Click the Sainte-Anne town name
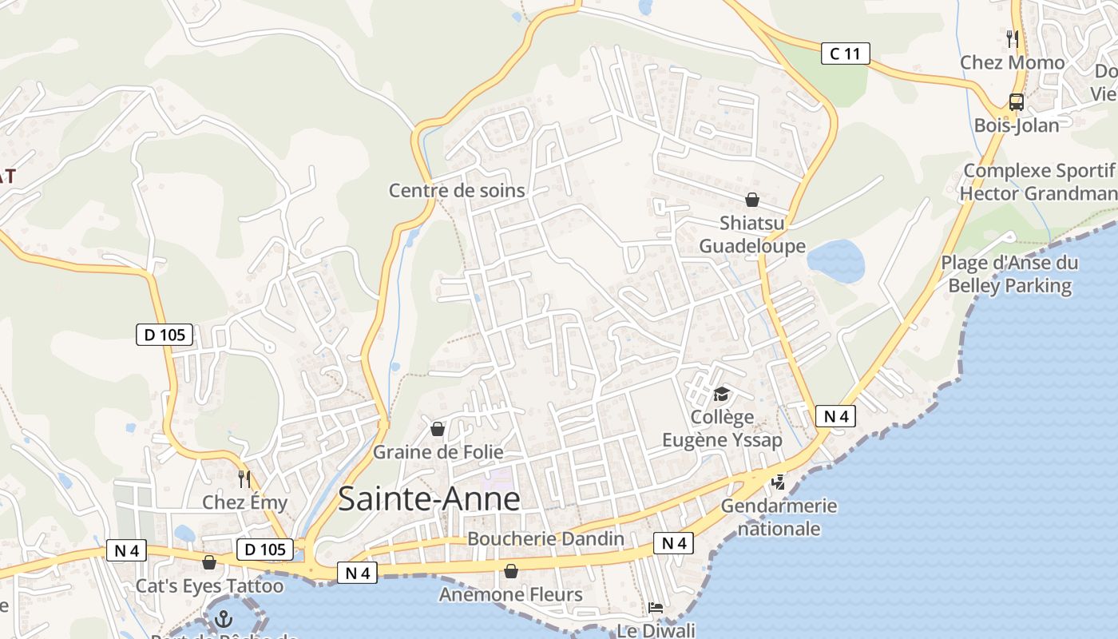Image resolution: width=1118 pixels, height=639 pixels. [429, 499]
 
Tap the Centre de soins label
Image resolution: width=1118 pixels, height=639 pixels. [457, 190]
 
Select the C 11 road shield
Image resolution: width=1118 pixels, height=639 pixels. [845, 54]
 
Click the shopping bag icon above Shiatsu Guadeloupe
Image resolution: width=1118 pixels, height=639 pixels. [751, 200]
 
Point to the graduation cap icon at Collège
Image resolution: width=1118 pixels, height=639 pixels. [722, 394]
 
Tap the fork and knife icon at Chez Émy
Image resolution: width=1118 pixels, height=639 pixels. [244, 479]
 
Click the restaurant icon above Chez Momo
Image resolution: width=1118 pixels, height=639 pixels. [1012, 38]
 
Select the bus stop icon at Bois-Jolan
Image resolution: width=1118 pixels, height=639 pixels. [1016, 102]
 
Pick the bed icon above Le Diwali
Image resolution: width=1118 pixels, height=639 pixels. [656, 608]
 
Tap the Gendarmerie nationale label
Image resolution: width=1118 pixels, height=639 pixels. [779, 517]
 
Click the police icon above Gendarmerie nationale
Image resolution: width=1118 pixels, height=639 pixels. [778, 482]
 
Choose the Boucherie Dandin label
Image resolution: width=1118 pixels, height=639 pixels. [545, 538]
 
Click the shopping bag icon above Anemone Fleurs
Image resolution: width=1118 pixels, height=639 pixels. [511, 571]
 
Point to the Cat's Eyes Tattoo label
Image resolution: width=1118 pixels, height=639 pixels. [209, 586]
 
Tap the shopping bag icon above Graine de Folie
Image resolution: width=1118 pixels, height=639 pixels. [438, 429]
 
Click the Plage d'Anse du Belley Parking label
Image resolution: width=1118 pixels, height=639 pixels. [1009, 274]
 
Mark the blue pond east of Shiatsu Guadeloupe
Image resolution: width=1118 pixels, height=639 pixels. [835, 261]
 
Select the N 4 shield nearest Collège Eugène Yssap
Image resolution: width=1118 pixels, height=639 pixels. [835, 416]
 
